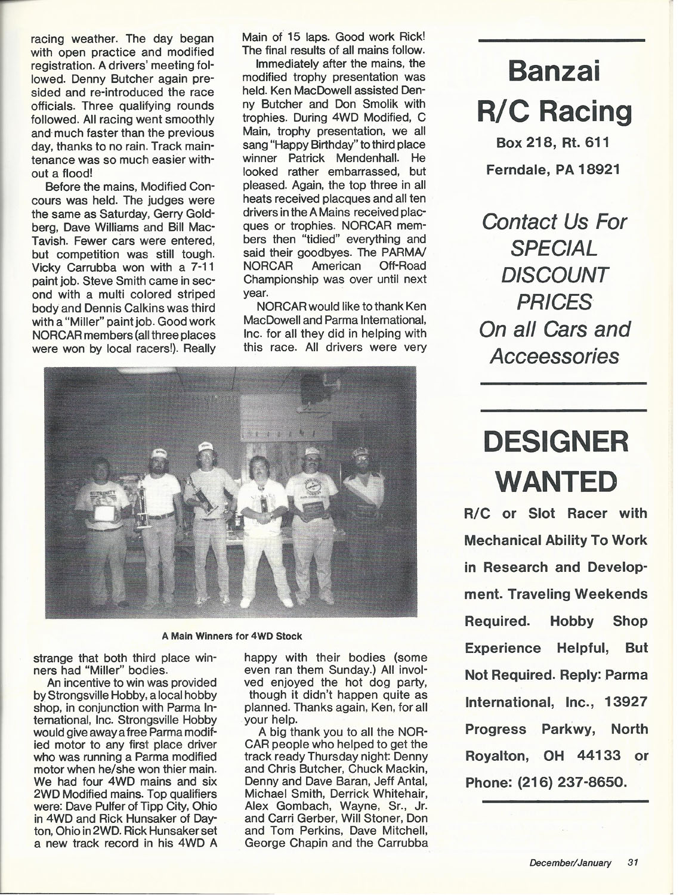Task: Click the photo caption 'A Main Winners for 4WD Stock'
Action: pos(232,636)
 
